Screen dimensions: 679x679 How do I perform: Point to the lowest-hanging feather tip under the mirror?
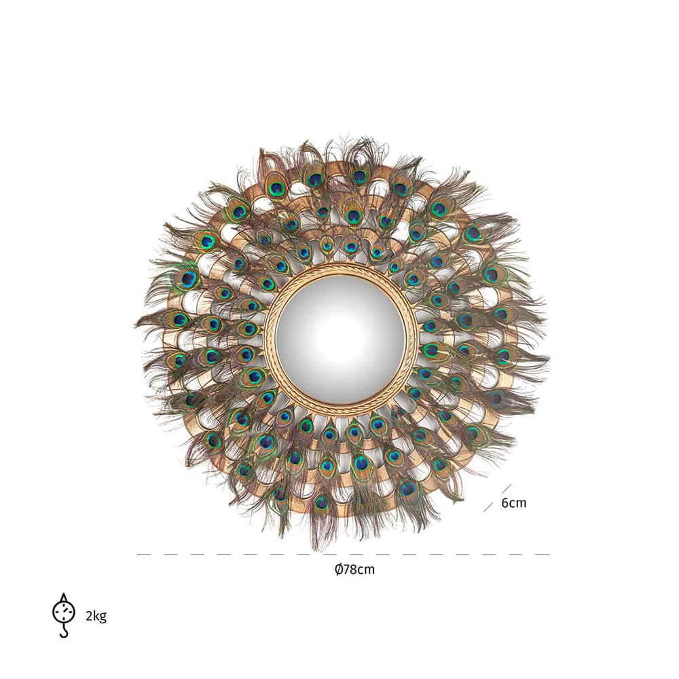click(x=321, y=550)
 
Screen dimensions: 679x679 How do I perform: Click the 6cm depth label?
click(x=513, y=502)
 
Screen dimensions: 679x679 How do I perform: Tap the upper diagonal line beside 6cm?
click(x=507, y=489)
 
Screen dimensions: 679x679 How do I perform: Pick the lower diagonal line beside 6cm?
click(x=488, y=507)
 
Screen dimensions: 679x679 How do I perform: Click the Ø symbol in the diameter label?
click(x=339, y=569)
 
